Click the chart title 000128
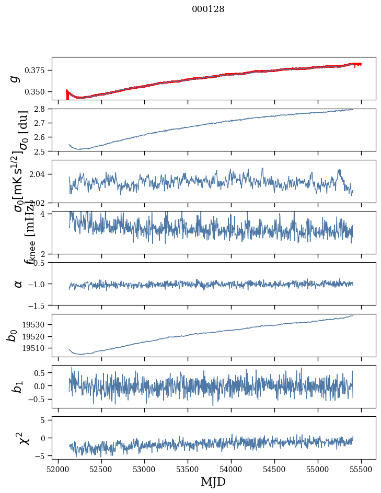click(x=208, y=9)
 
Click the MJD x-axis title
click(x=213, y=482)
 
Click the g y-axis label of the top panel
click(x=15, y=78)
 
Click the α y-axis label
click(x=18, y=284)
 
